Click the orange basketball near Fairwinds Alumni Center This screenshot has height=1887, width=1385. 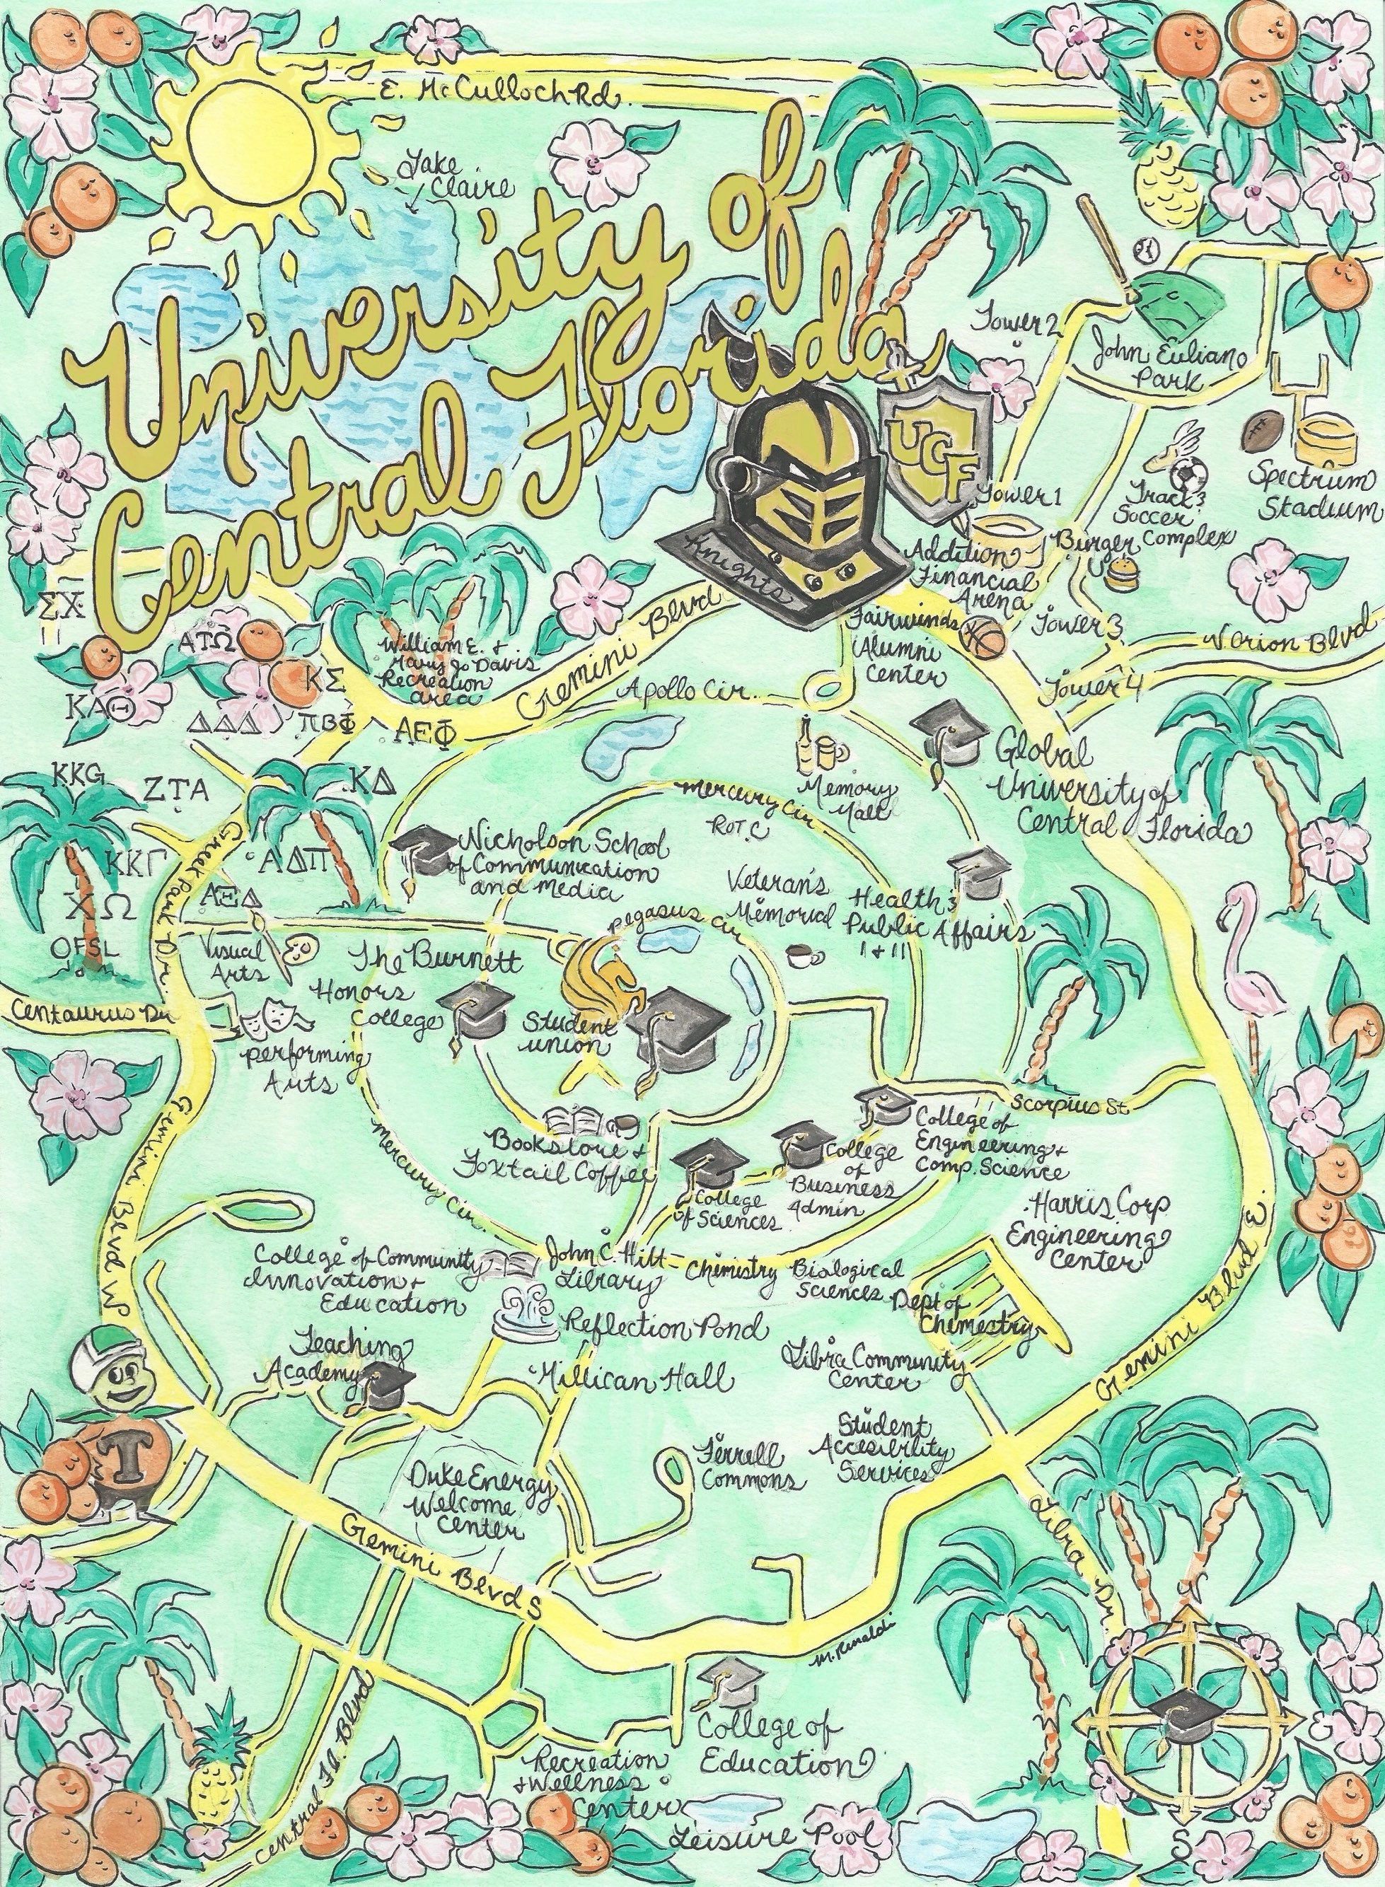[983, 637]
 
